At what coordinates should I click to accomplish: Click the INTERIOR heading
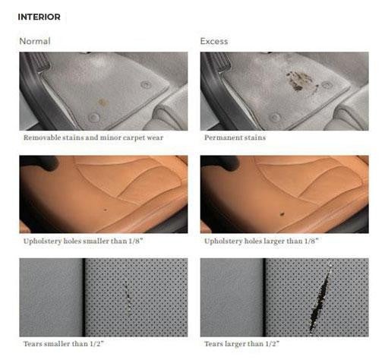[x=39, y=17]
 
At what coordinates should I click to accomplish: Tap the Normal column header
[x=35, y=41]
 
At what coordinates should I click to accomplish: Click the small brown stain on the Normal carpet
[x=103, y=102]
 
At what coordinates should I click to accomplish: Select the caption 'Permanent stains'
[x=235, y=138]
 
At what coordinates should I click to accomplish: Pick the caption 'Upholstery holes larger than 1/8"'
[x=261, y=241]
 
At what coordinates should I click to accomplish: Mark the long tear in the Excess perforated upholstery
[x=322, y=296]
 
